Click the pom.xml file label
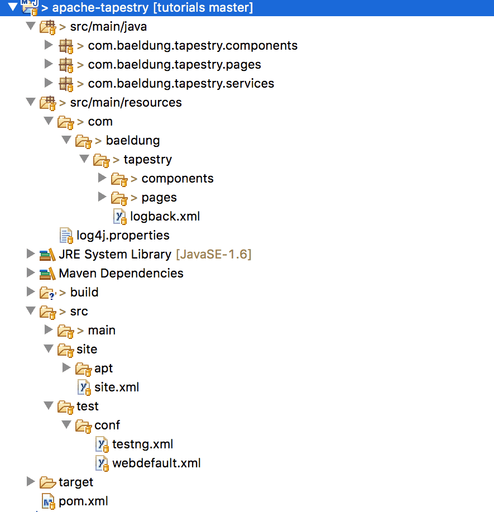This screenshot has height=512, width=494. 83,501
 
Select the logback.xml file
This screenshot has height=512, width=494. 165,217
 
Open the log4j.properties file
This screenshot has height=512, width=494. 123,236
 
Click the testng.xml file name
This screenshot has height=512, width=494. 142,444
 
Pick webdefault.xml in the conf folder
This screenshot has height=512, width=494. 156,463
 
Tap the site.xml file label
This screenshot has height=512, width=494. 117,387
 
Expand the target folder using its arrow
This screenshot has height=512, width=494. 30,481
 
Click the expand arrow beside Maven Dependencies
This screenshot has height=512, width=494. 30,272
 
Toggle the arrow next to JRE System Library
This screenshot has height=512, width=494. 30,253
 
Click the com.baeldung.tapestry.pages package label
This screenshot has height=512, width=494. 174,65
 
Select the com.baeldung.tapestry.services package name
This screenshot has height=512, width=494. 181,84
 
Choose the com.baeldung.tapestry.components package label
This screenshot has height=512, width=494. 193,46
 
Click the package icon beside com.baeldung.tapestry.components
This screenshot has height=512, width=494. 66,46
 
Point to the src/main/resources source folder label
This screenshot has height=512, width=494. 126,103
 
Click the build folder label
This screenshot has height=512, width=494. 84,292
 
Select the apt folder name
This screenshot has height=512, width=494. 103,369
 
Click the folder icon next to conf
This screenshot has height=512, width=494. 84,425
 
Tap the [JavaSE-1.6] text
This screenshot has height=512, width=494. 214,255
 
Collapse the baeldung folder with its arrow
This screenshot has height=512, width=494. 66,140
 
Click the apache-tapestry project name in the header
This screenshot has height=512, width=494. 100,7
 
